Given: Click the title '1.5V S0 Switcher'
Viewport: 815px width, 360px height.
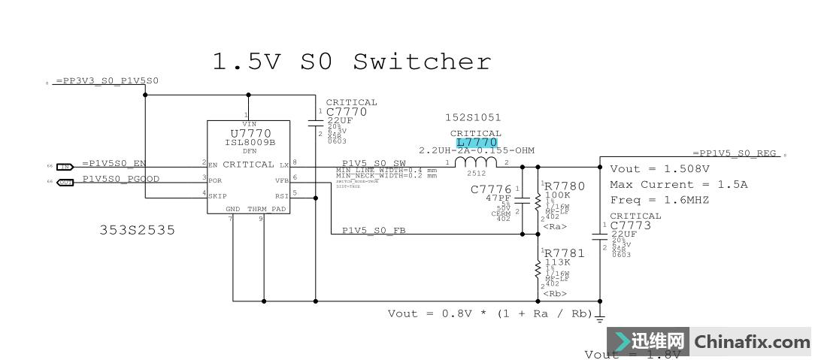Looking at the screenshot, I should (x=352, y=62).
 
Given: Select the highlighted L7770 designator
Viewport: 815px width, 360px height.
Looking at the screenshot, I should (x=477, y=142).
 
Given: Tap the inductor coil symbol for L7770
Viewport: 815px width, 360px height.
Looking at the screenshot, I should (x=477, y=163).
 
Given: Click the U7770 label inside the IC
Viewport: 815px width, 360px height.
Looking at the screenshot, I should (x=249, y=133).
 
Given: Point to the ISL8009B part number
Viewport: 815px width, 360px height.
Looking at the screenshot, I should (x=250, y=142).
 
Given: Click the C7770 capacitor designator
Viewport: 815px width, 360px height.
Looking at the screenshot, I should (x=347, y=112).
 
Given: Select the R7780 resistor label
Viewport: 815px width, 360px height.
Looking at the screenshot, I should (x=564, y=186).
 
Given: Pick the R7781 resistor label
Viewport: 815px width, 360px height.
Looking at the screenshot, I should (x=564, y=253).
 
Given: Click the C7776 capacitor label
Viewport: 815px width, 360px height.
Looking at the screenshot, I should (x=491, y=189).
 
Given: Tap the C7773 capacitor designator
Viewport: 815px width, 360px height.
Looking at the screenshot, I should (x=631, y=225).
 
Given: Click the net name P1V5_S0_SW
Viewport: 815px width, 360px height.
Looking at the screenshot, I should (x=374, y=163).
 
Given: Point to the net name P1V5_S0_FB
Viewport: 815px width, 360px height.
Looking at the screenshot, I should (x=374, y=231).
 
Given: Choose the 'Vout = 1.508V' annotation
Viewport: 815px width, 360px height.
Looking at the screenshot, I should (x=659, y=169).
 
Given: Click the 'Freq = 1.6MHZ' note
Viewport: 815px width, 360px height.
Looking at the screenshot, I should (x=659, y=200).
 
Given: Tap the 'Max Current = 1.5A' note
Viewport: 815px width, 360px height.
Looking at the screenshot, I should (x=662, y=185).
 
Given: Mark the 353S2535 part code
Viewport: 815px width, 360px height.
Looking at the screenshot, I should (x=137, y=230).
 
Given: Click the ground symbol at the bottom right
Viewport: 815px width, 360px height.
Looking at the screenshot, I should (x=600, y=319).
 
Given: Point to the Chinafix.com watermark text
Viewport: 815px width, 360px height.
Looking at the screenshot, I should (x=752, y=342).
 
